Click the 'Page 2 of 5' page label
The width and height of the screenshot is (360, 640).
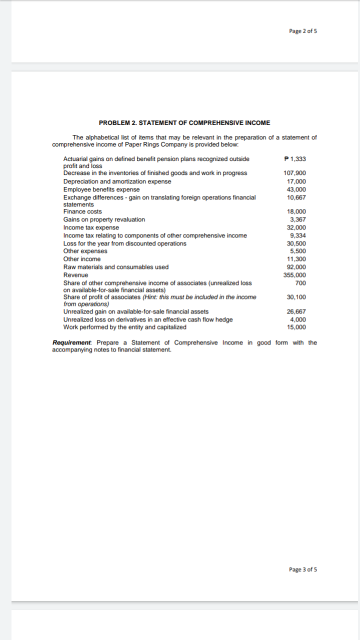[x=303, y=31]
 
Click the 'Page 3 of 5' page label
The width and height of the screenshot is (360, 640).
[x=303, y=569]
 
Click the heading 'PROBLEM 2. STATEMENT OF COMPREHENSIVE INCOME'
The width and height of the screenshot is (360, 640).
[x=184, y=122]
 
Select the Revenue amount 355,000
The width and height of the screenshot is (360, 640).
[x=295, y=275]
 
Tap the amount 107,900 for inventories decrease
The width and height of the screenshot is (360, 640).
[x=295, y=173]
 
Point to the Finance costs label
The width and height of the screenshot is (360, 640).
[x=82, y=211]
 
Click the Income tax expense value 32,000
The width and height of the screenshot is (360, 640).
[x=296, y=227]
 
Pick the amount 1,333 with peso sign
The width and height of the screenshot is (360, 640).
[x=295, y=159]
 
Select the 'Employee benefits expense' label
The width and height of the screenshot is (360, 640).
[x=101, y=189]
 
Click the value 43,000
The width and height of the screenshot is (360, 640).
[x=296, y=189]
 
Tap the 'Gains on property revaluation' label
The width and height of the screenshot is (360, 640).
[x=104, y=219]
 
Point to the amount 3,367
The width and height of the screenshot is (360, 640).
[x=298, y=219]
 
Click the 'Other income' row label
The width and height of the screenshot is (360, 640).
[x=82, y=259]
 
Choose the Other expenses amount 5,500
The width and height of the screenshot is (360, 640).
[x=298, y=251]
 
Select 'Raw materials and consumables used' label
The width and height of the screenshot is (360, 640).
[x=116, y=267]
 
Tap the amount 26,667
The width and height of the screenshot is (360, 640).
[x=296, y=311]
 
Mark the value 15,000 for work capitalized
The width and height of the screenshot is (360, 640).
[x=296, y=327]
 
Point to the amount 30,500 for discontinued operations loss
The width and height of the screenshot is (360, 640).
[x=296, y=243]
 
